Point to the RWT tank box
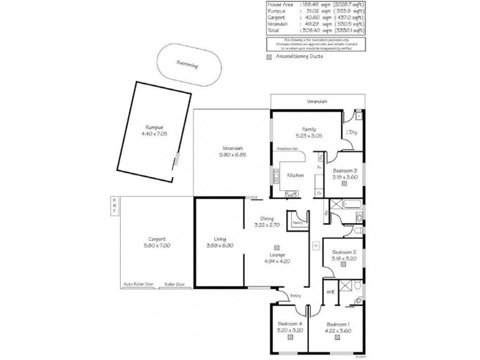click(x=113, y=206)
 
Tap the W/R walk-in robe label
click(x=330, y=292)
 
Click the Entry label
click(x=296, y=295)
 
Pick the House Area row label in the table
click(x=280, y=5)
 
